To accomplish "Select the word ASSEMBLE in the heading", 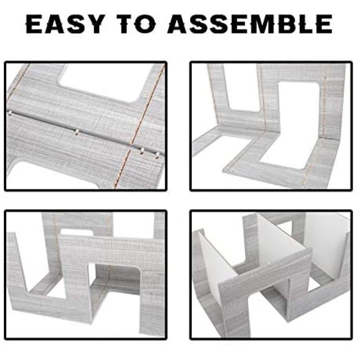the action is pos(250,24).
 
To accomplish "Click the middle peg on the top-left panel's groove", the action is pos(77,132).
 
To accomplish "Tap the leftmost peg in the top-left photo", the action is pos(10,112).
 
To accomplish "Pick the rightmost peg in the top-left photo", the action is pos(157,155).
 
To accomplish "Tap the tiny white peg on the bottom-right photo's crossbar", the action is pos(269,263).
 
